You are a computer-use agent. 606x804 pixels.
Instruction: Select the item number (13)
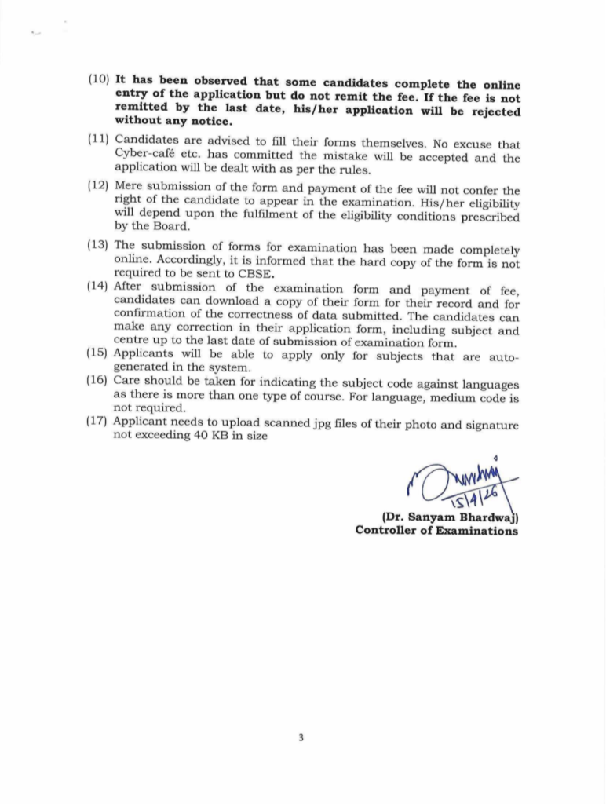pos(99,244)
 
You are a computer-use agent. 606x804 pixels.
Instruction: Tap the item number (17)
pos(99,422)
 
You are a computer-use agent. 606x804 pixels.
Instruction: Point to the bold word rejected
pos(492,111)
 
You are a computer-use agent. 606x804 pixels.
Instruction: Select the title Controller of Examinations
pos(436,531)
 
